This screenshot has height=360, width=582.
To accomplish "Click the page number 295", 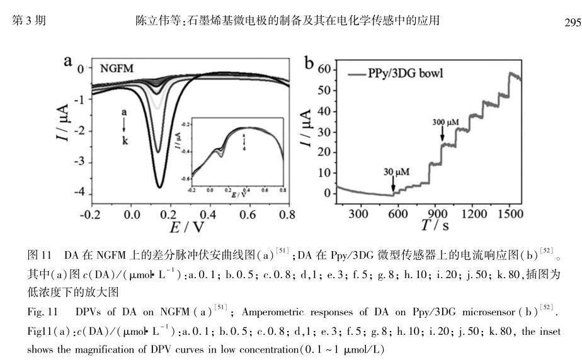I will tap(569, 21).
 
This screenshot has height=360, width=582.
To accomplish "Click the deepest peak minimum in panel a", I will tap(159, 187).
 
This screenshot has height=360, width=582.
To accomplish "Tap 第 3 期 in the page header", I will tap(29, 21).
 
